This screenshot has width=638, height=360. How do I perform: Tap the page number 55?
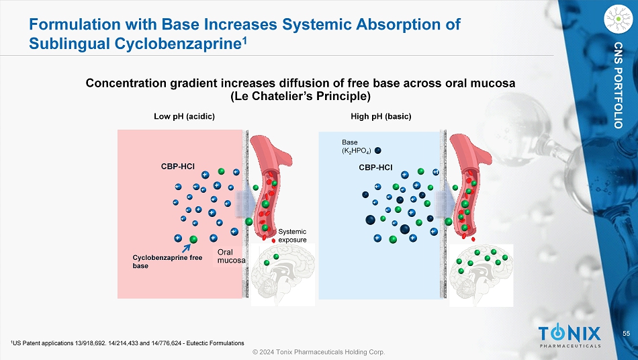[x=626, y=334]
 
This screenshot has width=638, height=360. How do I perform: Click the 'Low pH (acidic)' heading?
[x=184, y=116]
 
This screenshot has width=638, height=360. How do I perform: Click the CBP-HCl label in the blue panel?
[x=375, y=167]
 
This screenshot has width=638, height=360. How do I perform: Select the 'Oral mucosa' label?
[x=230, y=256]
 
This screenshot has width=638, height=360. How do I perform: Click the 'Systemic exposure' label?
[x=292, y=236]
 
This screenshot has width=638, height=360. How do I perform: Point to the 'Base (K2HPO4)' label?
[x=355, y=147]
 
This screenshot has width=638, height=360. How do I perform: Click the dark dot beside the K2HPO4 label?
[x=378, y=150]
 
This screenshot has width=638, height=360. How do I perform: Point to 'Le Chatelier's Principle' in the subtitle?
[x=300, y=96]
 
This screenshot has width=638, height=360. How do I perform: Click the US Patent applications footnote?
[x=128, y=343]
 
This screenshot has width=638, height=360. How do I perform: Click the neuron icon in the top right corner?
[x=619, y=19]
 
